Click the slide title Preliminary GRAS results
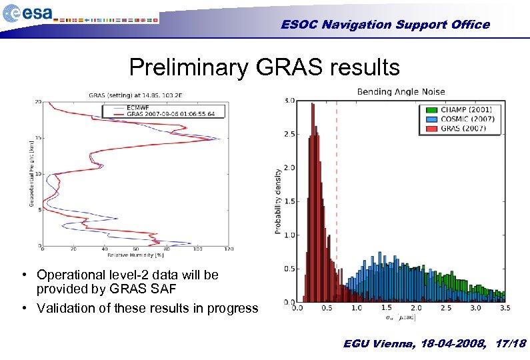click(x=265, y=67)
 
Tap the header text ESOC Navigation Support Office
click(x=385, y=25)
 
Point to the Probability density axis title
click(x=277, y=201)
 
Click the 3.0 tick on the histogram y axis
click(x=289, y=101)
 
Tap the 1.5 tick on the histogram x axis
click(x=386, y=309)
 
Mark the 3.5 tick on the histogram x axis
click(x=504, y=309)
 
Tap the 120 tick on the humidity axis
click(x=229, y=250)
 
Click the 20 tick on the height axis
click(x=38, y=102)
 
